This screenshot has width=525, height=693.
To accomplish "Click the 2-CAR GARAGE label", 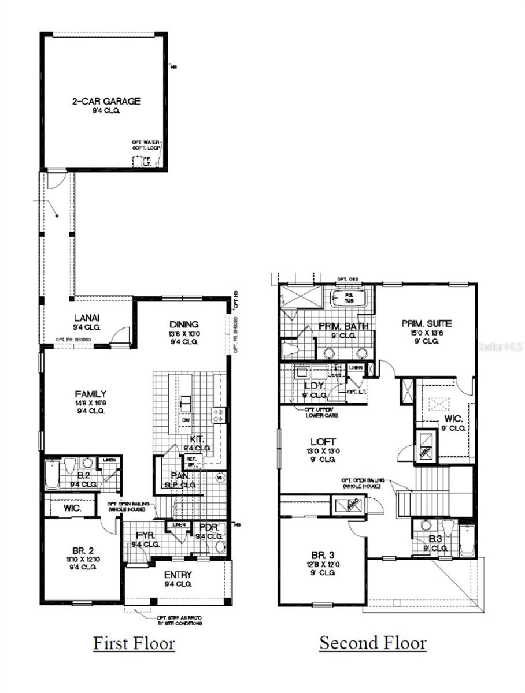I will (x=106, y=101).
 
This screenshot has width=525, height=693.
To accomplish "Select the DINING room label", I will (x=184, y=324).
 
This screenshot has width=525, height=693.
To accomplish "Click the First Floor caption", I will (x=134, y=643).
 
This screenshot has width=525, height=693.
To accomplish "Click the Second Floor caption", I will (x=373, y=643).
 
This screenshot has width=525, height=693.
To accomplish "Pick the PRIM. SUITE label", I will (x=427, y=323).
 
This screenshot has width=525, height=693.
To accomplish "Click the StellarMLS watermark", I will (x=498, y=347).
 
